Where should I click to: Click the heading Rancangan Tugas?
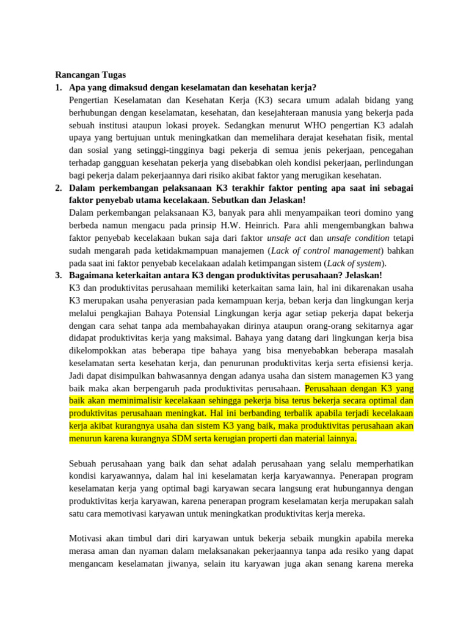tap(90, 75)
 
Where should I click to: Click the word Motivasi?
tap(88, 538)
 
